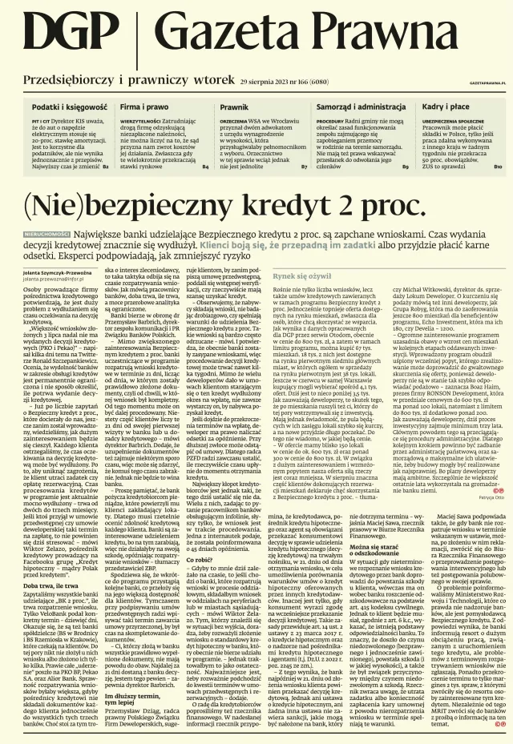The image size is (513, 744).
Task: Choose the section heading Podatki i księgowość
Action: (69, 107)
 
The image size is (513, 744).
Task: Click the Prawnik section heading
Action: (234, 107)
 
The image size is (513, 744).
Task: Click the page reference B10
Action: (497, 167)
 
